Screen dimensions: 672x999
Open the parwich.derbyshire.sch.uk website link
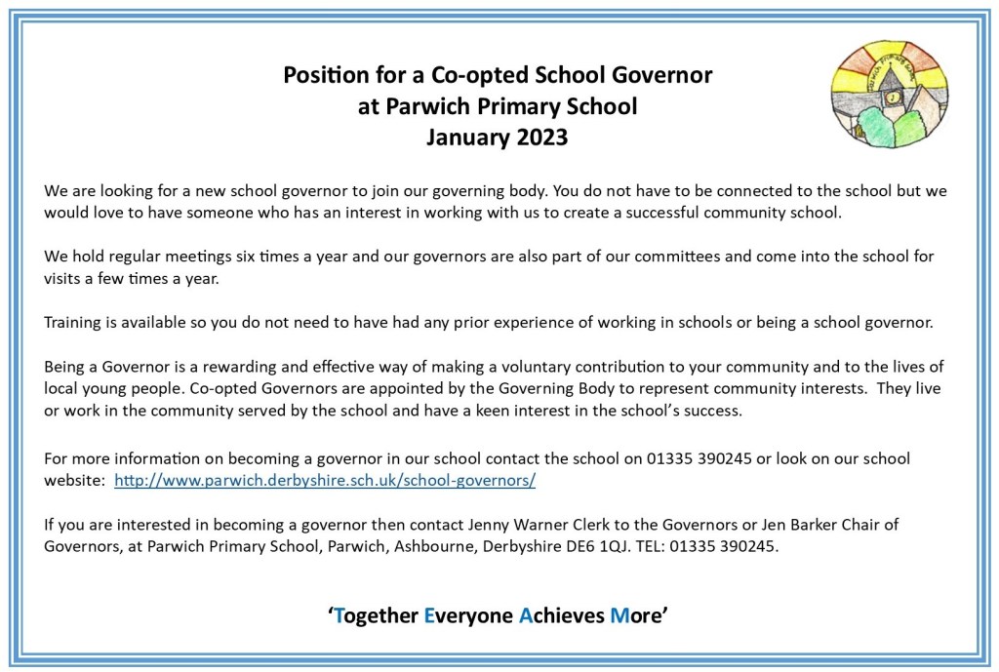click(325, 481)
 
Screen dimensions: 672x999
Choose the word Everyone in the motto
click(467, 615)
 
